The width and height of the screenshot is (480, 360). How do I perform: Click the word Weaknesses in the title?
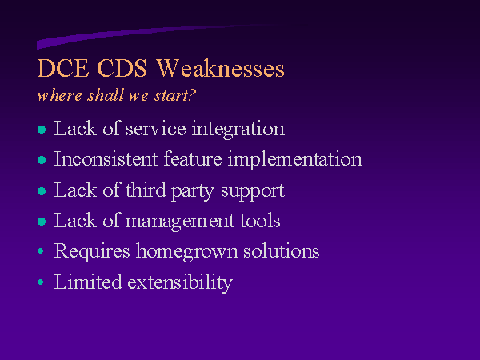point(221,68)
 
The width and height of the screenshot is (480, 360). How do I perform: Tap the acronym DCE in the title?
point(62,68)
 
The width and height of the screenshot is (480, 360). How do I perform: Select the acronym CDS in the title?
point(122,68)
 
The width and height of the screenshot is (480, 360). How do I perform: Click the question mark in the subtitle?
point(191,95)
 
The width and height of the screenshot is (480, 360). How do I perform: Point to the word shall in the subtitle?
point(106,95)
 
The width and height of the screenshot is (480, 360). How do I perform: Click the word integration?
point(238,130)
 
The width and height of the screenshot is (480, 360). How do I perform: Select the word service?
point(155,129)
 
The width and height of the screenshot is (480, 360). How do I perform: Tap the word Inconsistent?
point(106,159)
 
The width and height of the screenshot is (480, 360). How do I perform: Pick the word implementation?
point(294,160)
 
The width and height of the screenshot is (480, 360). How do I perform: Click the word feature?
point(193,159)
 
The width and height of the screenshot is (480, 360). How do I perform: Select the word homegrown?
point(186,252)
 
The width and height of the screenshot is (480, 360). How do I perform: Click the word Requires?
point(92,252)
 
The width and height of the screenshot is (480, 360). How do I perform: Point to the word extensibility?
point(180,282)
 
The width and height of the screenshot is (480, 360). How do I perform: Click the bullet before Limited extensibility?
point(41,282)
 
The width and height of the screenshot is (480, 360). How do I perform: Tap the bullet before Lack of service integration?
point(42,130)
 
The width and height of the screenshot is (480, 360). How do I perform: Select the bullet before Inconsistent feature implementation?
point(42,160)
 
